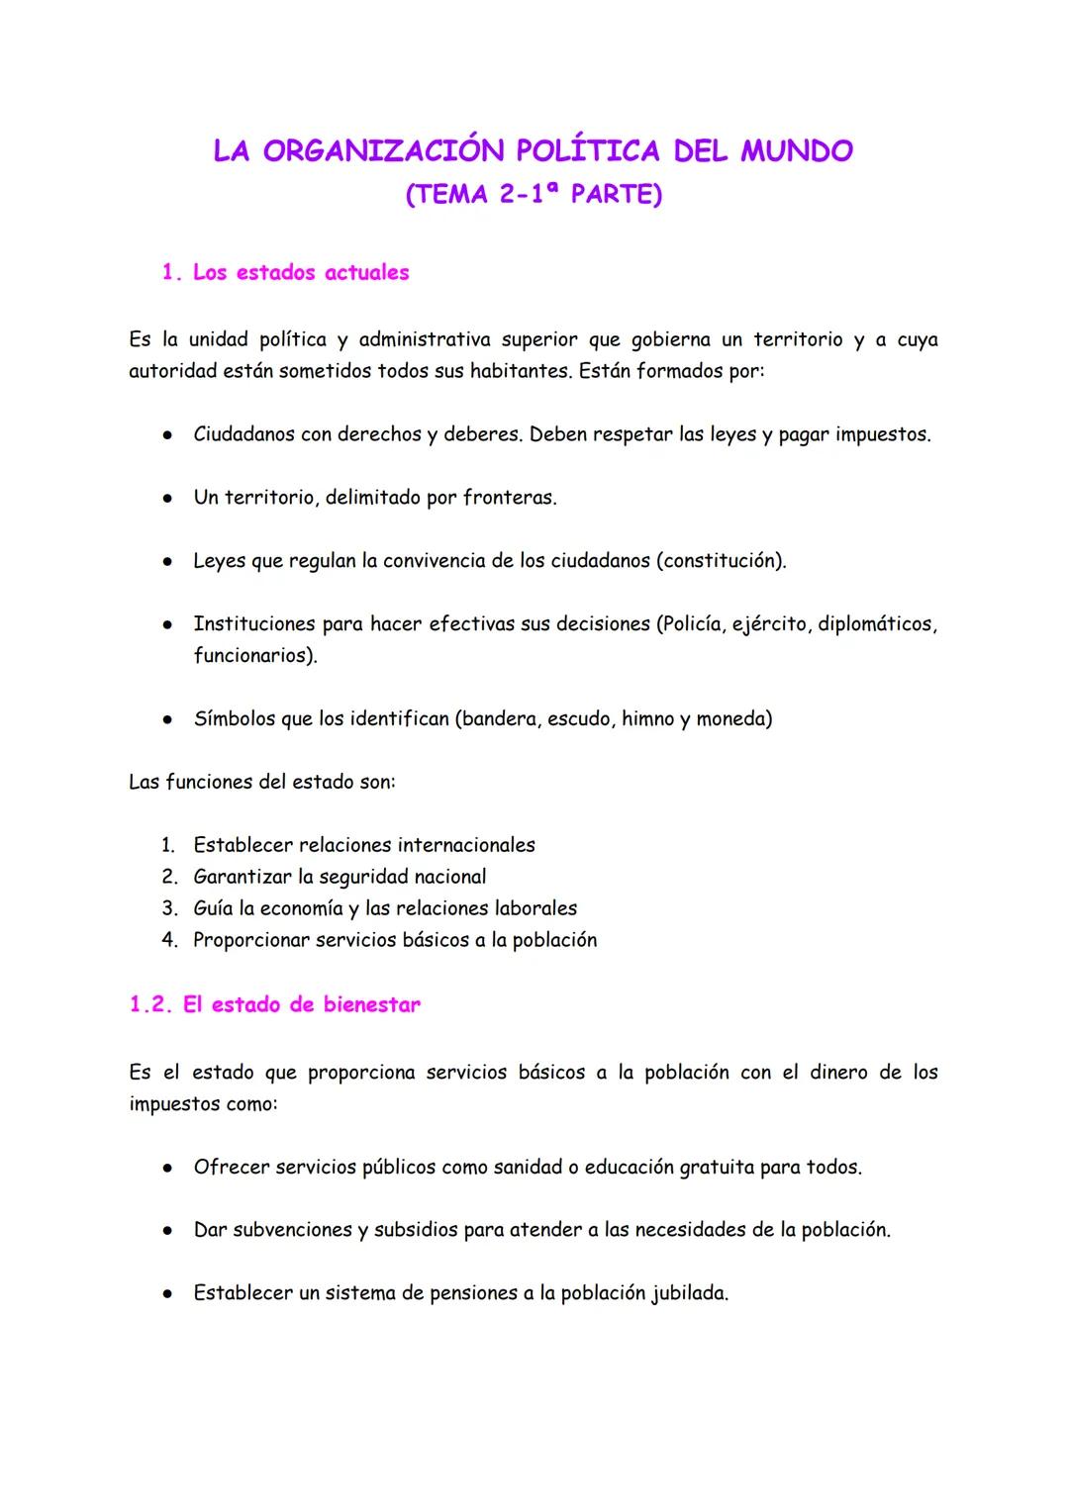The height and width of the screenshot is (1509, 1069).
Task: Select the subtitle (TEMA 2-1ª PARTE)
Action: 534,194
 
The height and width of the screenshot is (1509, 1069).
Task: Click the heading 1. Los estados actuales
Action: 285,272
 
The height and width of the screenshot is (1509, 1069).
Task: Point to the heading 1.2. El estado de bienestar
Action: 275,1004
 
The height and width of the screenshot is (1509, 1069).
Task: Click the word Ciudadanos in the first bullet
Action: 243,434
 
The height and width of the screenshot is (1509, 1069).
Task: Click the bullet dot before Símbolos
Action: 169,719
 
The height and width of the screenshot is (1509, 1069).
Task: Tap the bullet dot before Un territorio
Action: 169,498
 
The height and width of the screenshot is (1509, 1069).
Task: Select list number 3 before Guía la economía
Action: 169,908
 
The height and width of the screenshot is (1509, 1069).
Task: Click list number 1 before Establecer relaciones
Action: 168,845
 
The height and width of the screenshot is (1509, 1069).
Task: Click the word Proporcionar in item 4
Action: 250,940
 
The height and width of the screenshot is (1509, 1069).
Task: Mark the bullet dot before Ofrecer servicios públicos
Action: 169,1168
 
